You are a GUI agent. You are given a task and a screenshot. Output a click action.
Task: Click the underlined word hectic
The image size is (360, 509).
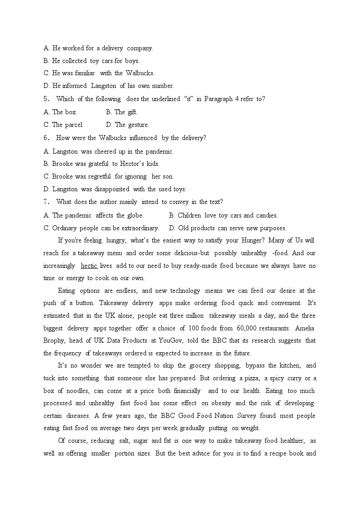click(x=89, y=266)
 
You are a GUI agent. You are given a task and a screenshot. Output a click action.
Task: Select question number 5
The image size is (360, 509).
click(x=46, y=99)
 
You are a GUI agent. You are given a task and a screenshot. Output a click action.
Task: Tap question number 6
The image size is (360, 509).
click(x=46, y=138)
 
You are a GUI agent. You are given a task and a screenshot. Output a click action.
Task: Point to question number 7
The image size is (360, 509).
click(x=46, y=202)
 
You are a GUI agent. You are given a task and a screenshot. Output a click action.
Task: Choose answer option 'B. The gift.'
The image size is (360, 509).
click(x=122, y=112)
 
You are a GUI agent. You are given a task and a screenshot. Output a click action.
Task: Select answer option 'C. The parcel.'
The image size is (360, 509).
click(x=63, y=125)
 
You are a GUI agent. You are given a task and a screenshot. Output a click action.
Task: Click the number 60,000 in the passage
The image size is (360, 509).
click(x=245, y=328)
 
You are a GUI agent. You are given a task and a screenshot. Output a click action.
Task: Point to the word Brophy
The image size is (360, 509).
click(x=54, y=340)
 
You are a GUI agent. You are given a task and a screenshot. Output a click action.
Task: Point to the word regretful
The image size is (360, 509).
click(x=99, y=176)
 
